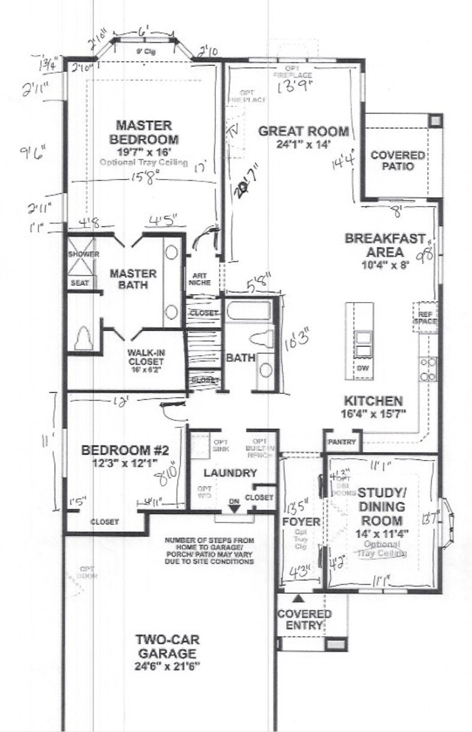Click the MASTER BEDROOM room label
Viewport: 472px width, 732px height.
point(143,132)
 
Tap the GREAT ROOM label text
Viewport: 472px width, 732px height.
point(303,132)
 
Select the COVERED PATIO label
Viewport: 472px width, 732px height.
point(397,160)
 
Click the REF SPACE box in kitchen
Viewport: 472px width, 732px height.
point(424,317)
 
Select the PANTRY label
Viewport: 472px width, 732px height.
point(342,443)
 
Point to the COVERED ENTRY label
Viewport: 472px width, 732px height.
point(304,620)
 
